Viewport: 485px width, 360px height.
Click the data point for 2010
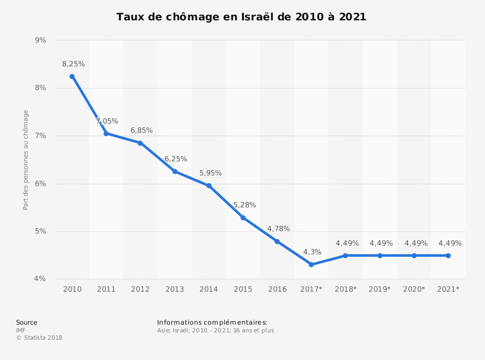pyautogui.click(x=72, y=77)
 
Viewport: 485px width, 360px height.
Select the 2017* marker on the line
pyautogui.click(x=311, y=265)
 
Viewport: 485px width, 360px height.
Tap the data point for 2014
pyautogui.click(x=209, y=186)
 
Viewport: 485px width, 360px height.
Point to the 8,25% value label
pyautogui.click(x=73, y=64)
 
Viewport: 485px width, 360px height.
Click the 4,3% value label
pyautogui.click(x=312, y=252)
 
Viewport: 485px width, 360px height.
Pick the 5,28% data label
pyautogui.click(x=244, y=205)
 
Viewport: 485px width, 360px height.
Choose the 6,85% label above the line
pyautogui.click(x=142, y=130)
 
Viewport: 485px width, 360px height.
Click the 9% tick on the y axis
pyautogui.click(x=41, y=40)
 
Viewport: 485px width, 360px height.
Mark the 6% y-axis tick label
pyautogui.click(x=41, y=184)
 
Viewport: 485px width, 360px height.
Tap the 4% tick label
pyautogui.click(x=41, y=279)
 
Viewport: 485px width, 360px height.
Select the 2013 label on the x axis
pyautogui.click(x=175, y=289)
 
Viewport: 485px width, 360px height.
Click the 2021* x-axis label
pyautogui.click(x=448, y=289)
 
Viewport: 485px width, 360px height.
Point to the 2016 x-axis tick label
pyautogui.click(x=277, y=289)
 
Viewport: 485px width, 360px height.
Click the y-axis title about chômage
pyautogui.click(x=26, y=160)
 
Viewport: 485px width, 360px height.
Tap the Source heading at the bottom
pyautogui.click(x=27, y=323)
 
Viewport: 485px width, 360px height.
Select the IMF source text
pyautogui.click(x=21, y=330)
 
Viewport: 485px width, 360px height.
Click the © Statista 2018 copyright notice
pyautogui.click(x=39, y=338)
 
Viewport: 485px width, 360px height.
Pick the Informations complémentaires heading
pyautogui.click(x=212, y=323)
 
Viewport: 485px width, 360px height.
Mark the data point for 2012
pyautogui.click(x=140, y=143)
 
